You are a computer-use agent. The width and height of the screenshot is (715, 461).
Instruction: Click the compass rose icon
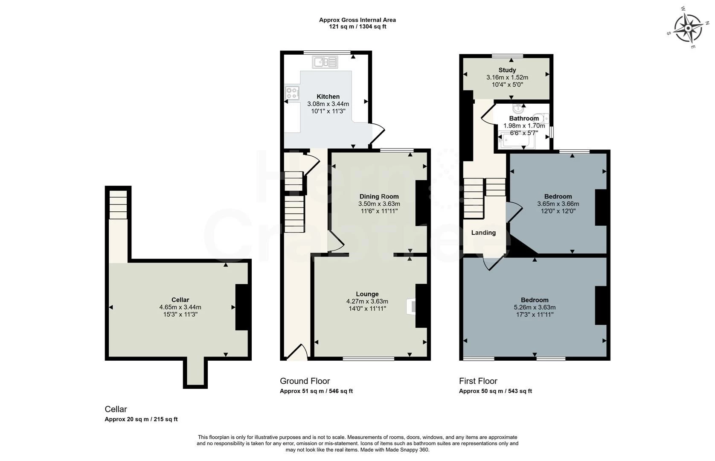point(688,28)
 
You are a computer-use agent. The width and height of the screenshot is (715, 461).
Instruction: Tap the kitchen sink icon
point(325,61)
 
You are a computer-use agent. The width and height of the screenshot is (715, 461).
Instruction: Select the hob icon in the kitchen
point(292,93)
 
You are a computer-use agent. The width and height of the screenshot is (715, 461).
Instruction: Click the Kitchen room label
point(328,96)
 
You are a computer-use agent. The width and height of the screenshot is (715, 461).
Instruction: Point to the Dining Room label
point(379,196)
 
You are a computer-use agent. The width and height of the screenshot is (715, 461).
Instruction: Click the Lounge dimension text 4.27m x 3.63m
point(367,301)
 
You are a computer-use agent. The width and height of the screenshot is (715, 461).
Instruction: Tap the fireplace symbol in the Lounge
point(411,307)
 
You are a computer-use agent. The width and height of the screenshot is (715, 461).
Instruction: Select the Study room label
point(507,70)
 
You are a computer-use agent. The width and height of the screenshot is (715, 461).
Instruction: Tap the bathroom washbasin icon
point(519,108)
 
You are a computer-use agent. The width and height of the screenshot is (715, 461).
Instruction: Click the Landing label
point(483,233)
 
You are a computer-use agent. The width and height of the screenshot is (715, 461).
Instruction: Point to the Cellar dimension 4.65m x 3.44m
point(180,307)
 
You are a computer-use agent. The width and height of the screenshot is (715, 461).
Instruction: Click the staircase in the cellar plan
point(118,205)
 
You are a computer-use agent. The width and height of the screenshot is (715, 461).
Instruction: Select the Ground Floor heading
point(305,381)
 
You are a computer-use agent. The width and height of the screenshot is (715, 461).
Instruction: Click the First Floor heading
point(478,381)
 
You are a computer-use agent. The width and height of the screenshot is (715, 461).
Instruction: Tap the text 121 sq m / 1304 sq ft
point(357,26)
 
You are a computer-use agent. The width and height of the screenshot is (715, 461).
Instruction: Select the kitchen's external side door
point(377,134)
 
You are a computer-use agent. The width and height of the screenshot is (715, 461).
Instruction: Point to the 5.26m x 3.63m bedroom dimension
point(535,307)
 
